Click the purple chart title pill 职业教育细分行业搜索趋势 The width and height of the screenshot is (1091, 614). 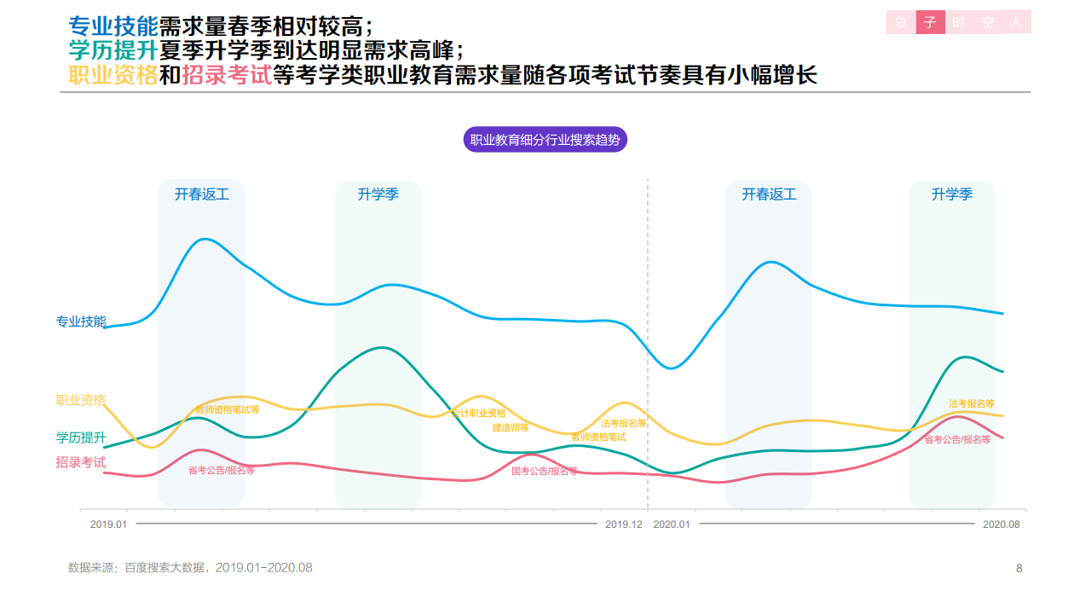pyautogui.click(x=545, y=140)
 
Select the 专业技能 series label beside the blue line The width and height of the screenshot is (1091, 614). pyautogui.click(x=81, y=321)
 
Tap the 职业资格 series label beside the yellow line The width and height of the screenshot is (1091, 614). pyautogui.click(x=81, y=400)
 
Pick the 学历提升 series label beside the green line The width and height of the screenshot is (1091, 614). pyautogui.click(x=81, y=437)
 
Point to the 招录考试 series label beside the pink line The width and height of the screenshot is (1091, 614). pyautogui.click(x=81, y=462)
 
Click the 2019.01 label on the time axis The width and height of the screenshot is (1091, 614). pyautogui.click(x=108, y=524)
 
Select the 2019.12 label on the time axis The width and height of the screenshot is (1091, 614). pyautogui.click(x=624, y=524)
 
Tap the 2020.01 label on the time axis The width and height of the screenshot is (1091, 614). pyautogui.click(x=672, y=524)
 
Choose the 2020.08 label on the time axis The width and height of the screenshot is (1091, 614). pyautogui.click(x=1001, y=524)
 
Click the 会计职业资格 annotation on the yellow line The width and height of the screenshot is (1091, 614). pyautogui.click(x=479, y=414)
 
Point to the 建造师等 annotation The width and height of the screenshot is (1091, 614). pyautogui.click(x=511, y=427)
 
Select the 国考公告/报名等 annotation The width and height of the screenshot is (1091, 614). pyautogui.click(x=545, y=471)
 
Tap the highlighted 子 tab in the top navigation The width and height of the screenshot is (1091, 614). pyautogui.click(x=931, y=23)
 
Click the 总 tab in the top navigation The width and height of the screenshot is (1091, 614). pyautogui.click(x=901, y=23)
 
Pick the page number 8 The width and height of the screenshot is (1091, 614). pyautogui.click(x=1019, y=568)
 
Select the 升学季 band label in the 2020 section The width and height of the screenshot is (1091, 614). pyautogui.click(x=952, y=194)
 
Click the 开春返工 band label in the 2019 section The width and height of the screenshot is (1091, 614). pyautogui.click(x=202, y=194)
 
